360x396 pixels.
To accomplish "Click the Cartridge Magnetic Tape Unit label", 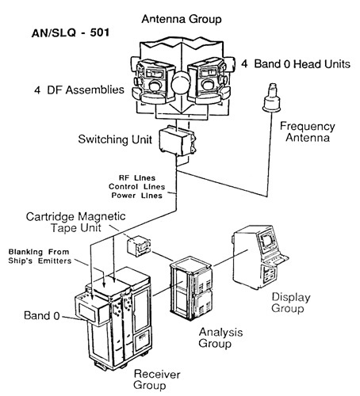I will click(x=98, y=223).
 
